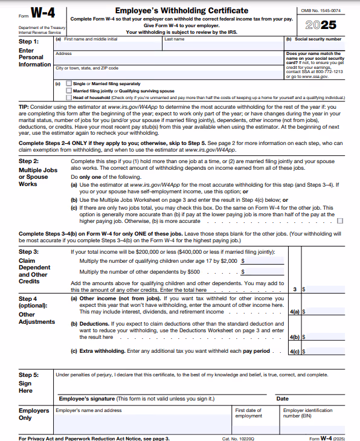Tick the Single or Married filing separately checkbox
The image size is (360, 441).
click(x=69, y=83)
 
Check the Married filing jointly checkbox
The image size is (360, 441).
click(x=69, y=90)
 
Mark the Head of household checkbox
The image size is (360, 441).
click(x=69, y=97)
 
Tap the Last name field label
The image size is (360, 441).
click(x=175, y=39)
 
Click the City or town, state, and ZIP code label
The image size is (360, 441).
click(x=87, y=68)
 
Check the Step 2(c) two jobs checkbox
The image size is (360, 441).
click(x=341, y=221)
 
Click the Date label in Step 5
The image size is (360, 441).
click(x=282, y=399)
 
